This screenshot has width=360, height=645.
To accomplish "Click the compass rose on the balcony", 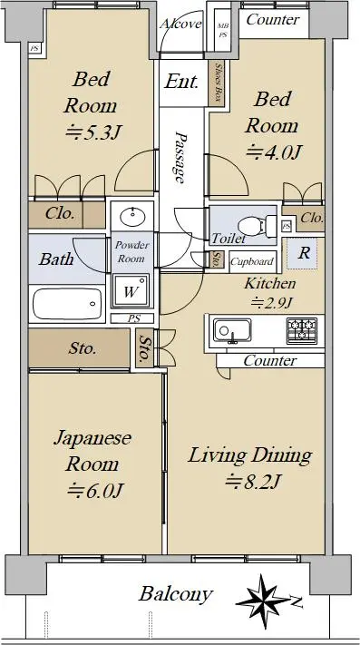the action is tap(263, 601).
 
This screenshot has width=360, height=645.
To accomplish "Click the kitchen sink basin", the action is tap(232, 331).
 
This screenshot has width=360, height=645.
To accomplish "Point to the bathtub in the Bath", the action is tap(67, 304).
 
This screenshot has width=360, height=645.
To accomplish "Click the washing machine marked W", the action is tap(131, 291).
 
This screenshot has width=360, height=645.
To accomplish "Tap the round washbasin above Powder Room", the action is tap(132, 214).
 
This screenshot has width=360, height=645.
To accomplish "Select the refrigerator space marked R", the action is tap(304, 253).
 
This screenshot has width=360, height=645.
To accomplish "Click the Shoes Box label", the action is tap(218, 83).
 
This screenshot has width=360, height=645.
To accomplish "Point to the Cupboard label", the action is tap(252, 261).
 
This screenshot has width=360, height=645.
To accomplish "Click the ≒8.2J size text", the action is tap(252, 480).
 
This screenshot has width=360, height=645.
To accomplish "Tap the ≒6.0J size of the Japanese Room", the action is tap(95, 490).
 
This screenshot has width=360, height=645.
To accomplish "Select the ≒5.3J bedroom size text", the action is tap(94, 132).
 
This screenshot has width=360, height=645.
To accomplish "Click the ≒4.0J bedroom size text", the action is tap(274, 151).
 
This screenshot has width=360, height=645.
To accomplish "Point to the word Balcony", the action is tap(176, 594).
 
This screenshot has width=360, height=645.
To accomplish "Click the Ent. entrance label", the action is tap(181, 82).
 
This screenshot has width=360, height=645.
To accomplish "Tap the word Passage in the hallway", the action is tap(180, 158).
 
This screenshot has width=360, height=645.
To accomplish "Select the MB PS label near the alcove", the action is tap(222, 31).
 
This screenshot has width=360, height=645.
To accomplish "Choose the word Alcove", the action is tap(181, 24).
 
